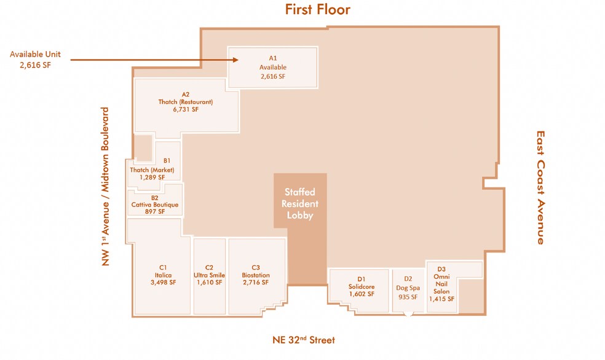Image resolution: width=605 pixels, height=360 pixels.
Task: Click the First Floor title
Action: [x=317, y=10]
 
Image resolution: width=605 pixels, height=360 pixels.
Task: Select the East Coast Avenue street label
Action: [x=540, y=187]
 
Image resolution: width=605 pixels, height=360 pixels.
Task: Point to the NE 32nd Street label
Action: [x=303, y=340]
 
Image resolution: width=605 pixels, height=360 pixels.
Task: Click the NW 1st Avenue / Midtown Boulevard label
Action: [x=105, y=187]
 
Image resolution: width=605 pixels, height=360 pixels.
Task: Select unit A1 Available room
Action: [x=272, y=68]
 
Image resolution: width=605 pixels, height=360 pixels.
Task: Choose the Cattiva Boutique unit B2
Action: [x=155, y=205]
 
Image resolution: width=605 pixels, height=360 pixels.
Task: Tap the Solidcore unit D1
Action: [x=361, y=286]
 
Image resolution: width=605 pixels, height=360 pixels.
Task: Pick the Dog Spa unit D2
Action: [x=408, y=288]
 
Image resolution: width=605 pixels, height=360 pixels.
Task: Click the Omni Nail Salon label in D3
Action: [x=441, y=284]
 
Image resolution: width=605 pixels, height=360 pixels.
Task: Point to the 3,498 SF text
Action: [x=163, y=283]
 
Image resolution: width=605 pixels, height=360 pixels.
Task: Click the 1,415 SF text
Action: [x=441, y=299]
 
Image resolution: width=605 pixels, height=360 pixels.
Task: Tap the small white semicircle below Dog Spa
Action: [x=408, y=313]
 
